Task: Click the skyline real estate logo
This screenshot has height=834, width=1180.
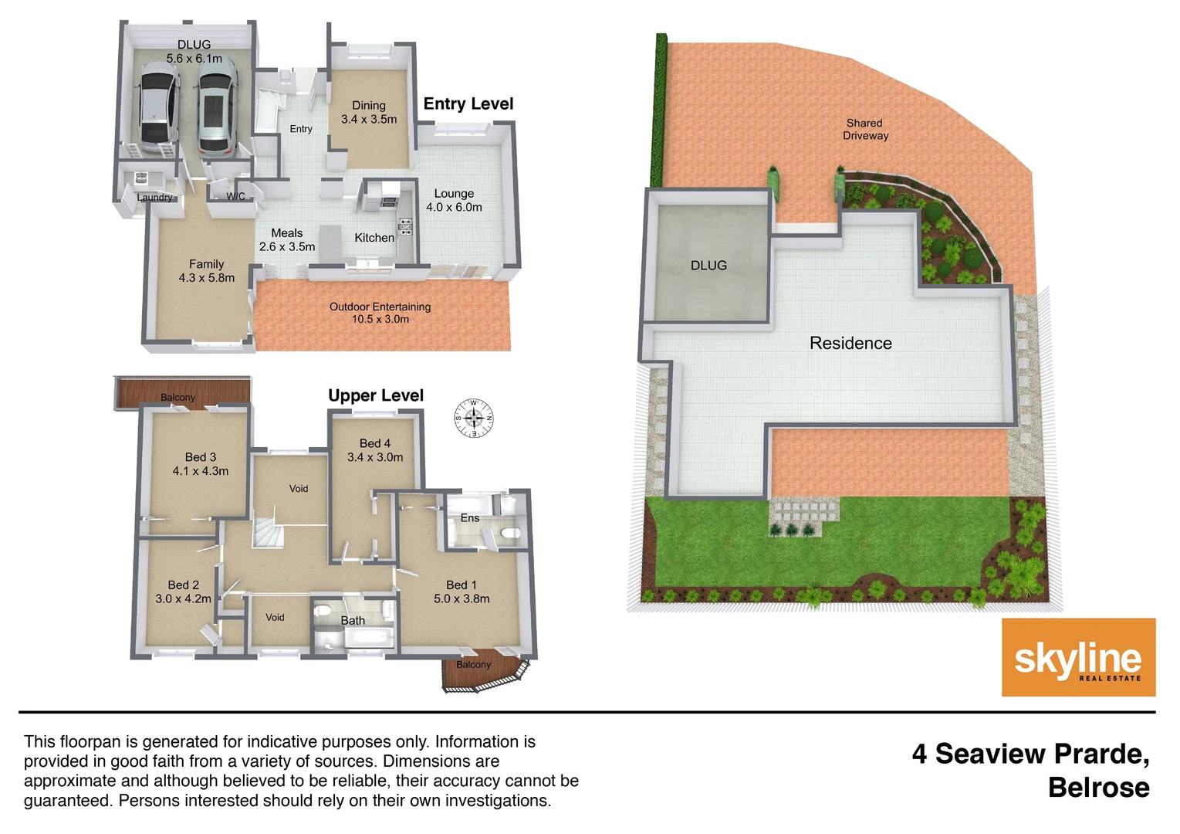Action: pos(1078,657)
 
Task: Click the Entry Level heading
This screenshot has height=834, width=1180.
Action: pos(468,103)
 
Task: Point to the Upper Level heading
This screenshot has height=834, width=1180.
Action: pos(376,395)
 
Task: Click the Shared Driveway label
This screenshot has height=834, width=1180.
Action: pos(865,129)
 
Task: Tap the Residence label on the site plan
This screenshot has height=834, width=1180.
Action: pos(850,343)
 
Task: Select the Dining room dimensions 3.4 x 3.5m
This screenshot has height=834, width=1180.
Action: pos(369,119)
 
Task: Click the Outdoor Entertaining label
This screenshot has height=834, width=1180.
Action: pos(380,307)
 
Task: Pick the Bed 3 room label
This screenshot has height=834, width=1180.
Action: pos(201,457)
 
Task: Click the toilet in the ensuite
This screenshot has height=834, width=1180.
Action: pos(510,534)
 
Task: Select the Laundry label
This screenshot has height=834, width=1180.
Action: pos(154,197)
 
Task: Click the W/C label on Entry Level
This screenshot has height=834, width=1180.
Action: pos(235,196)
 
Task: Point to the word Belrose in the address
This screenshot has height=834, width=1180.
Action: pos(1098,787)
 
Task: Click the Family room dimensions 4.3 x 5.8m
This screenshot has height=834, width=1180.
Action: pos(207,278)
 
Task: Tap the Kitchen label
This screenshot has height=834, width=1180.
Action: pos(374,238)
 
